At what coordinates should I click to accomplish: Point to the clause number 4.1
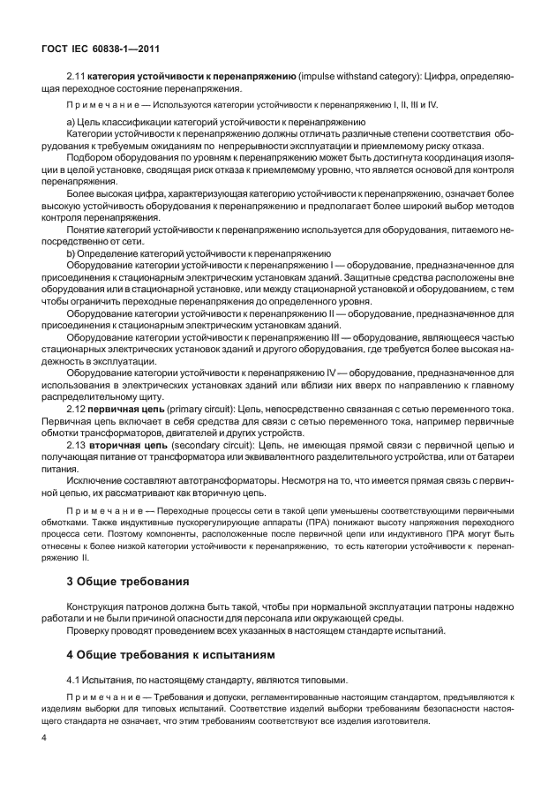tap(76, 680)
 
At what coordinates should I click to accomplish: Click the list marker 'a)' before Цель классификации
tap(71, 121)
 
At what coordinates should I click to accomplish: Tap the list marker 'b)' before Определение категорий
tap(71, 253)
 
